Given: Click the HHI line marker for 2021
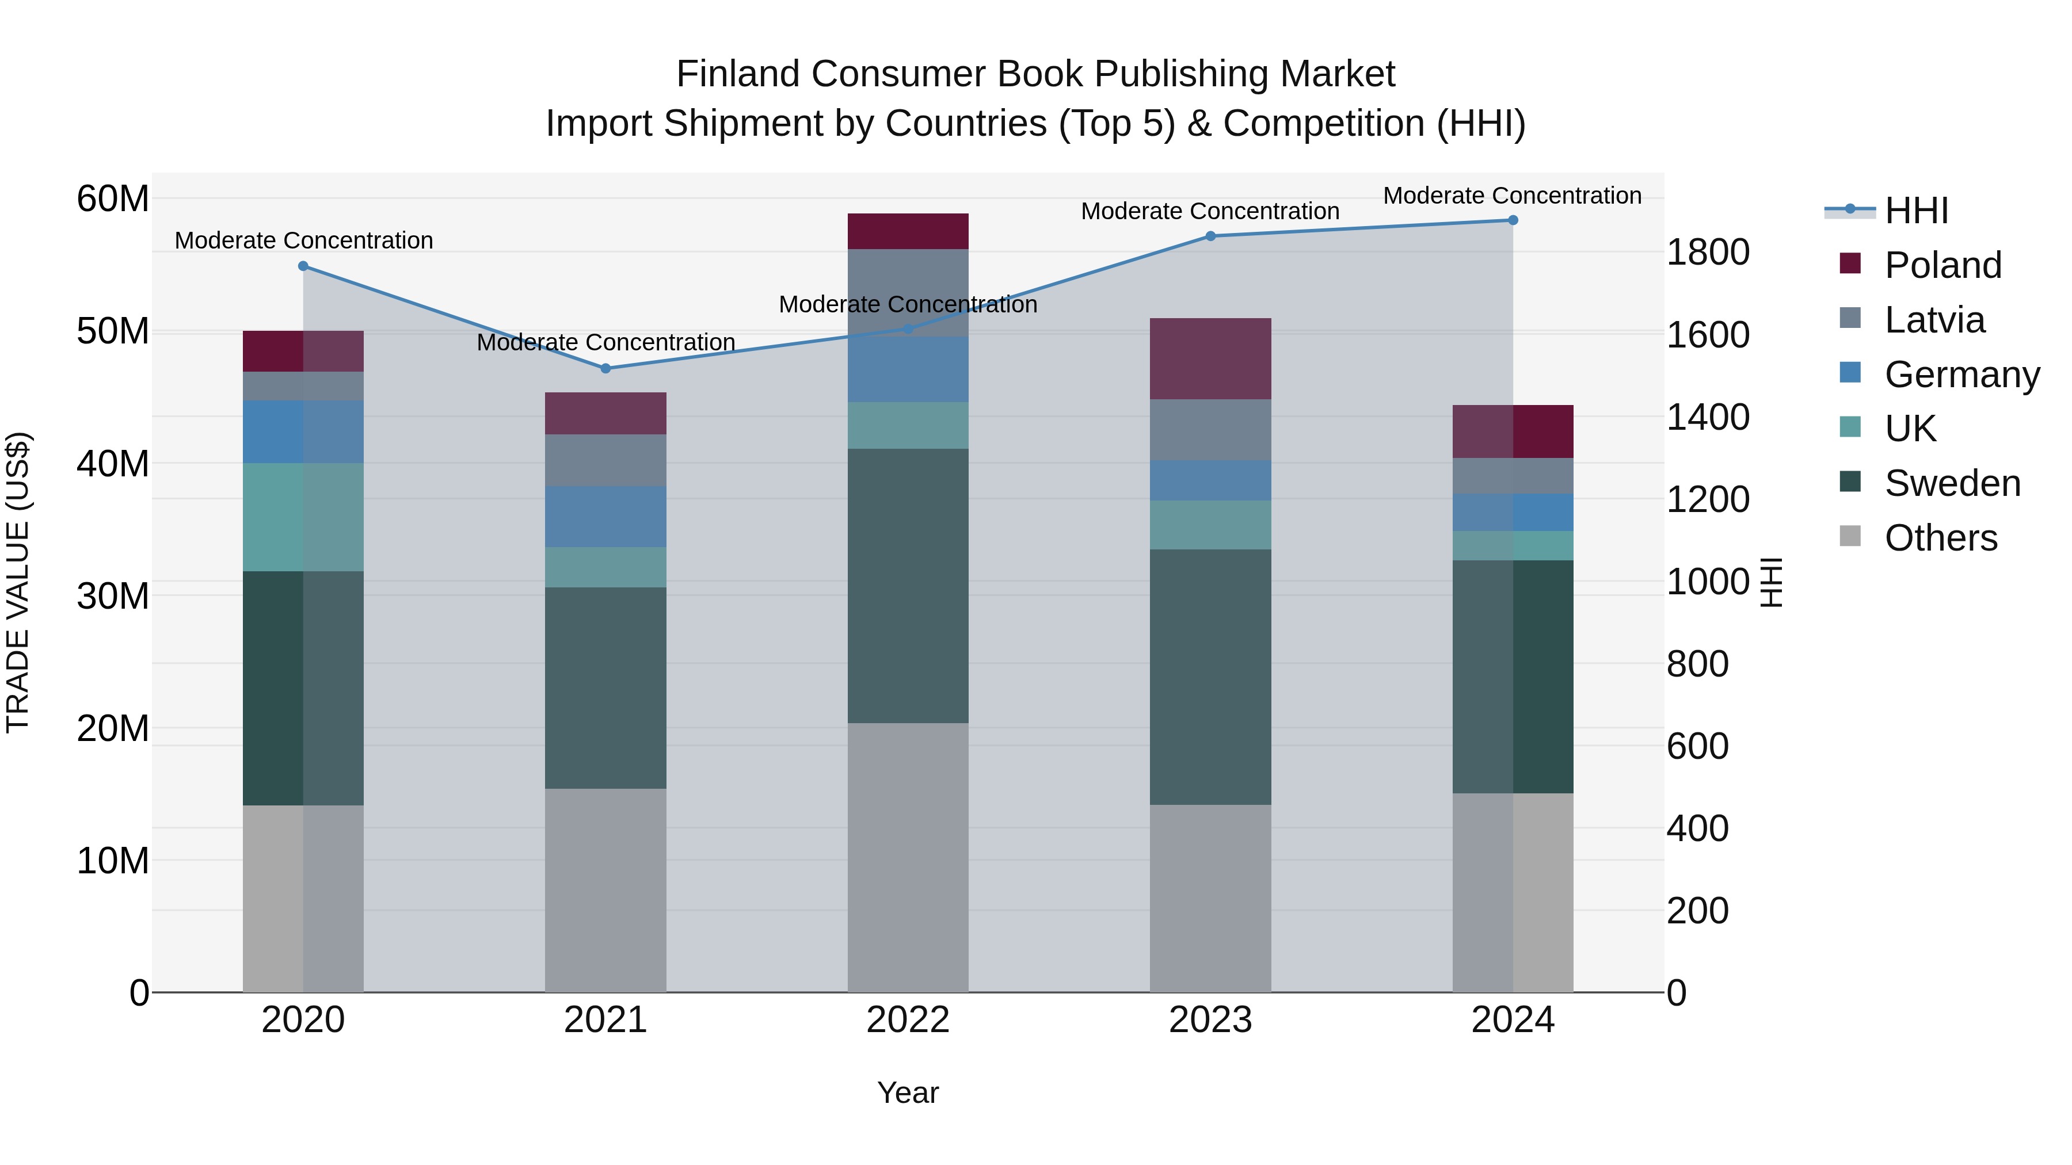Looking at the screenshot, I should (x=605, y=368).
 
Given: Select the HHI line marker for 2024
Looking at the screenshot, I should (x=1513, y=220).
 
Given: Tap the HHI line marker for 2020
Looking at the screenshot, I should (x=303, y=266).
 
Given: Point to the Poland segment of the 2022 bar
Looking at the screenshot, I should (x=908, y=231).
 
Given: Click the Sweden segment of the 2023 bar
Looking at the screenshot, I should (x=1210, y=677).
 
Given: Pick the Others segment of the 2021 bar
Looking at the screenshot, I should (x=605, y=890).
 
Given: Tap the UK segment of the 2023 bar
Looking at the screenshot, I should (x=1210, y=525).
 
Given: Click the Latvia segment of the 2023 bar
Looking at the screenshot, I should (x=1210, y=429).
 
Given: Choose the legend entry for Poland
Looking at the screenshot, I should (x=1942, y=265).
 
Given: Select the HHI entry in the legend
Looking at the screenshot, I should (x=1916, y=211).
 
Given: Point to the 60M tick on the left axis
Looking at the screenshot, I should (x=113, y=198).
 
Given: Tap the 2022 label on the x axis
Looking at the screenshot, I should (x=908, y=1020).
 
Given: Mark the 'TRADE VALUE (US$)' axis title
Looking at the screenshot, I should (x=18, y=582).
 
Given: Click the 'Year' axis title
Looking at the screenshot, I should (x=908, y=1093).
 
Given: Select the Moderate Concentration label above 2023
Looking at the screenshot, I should (x=1210, y=212).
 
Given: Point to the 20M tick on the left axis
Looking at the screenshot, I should (x=113, y=728).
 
